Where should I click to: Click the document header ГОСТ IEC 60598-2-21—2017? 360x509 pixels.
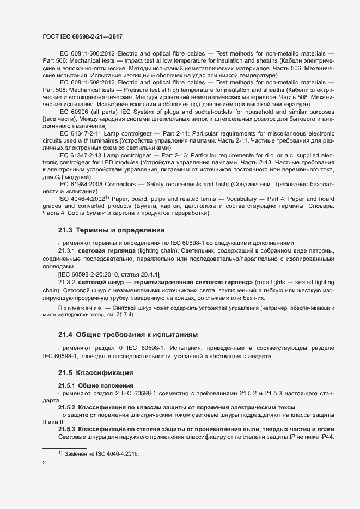click(x=82, y=36)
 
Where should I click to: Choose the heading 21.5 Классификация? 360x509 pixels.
click(x=92, y=373)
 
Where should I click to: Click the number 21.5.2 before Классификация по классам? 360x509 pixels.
click(x=67, y=407)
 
